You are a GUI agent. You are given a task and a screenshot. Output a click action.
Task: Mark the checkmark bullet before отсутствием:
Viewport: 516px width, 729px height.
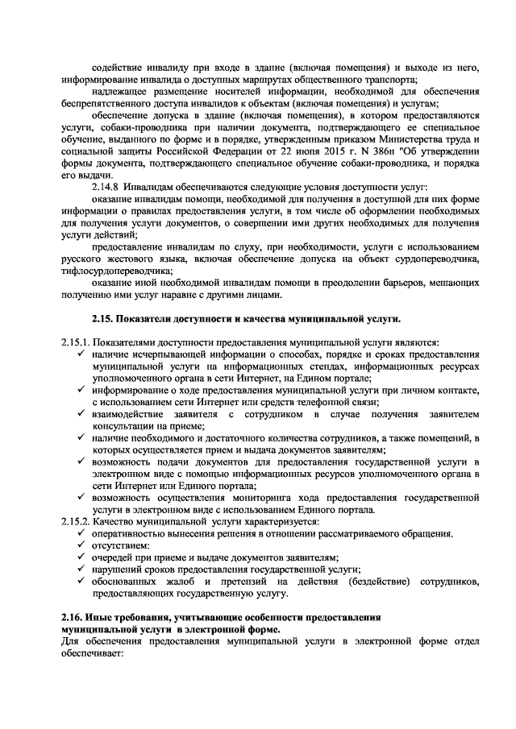83,545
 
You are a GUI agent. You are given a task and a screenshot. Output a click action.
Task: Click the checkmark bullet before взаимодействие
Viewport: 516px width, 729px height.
83,414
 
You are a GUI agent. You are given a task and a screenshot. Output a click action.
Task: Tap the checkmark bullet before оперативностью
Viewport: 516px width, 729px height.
83,534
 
